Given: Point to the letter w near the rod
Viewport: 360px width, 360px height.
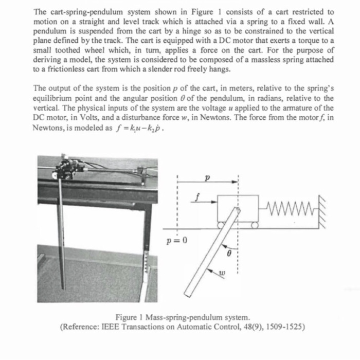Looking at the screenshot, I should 222,274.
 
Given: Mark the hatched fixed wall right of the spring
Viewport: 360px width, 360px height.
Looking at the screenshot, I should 322,210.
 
